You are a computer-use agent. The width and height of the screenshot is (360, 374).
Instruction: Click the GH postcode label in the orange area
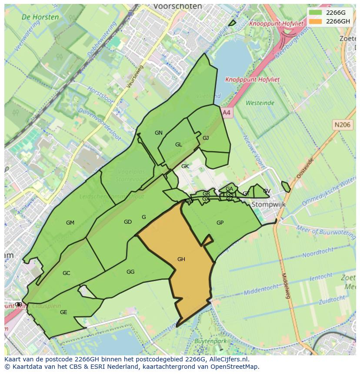click(x=181, y=259)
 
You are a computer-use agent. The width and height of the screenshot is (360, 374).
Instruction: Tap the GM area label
click(x=70, y=223)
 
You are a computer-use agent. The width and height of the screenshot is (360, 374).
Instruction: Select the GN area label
click(x=159, y=133)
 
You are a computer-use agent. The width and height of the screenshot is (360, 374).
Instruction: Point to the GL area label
click(x=179, y=145)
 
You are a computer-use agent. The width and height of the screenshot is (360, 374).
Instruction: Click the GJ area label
click(x=206, y=138)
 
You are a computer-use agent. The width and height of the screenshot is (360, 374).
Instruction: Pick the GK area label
click(x=185, y=166)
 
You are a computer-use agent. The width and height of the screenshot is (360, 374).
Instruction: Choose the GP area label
click(x=220, y=223)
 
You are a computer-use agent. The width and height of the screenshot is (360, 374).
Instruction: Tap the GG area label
click(x=130, y=272)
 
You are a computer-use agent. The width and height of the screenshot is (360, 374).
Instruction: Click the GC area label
click(x=66, y=273)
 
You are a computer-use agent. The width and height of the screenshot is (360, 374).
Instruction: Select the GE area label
click(x=63, y=312)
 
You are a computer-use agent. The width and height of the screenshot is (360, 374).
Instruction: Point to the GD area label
click(x=128, y=222)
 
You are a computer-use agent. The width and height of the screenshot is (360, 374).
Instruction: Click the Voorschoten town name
click(x=178, y=7)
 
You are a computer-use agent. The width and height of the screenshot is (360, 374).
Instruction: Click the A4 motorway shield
click(x=227, y=113)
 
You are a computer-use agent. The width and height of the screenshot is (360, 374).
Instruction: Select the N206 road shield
click(x=342, y=125)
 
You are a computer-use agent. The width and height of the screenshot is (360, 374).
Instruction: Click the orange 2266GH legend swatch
click(x=316, y=21)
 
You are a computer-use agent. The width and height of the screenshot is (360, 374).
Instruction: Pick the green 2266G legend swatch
click(x=316, y=13)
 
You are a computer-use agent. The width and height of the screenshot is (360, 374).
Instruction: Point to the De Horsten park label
click(x=40, y=17)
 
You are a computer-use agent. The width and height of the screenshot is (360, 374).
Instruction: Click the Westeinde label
click(x=260, y=103)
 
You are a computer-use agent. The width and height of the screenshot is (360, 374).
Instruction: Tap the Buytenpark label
click(x=211, y=341)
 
